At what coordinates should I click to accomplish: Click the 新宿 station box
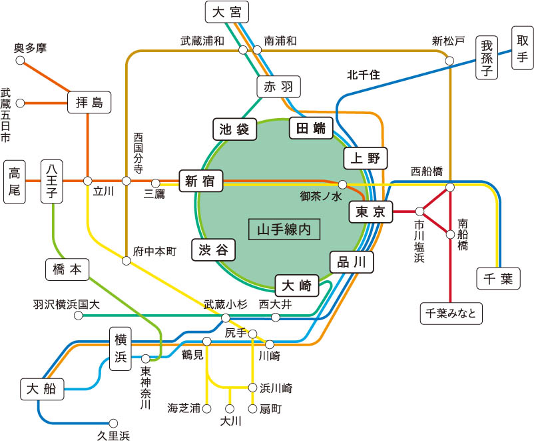coord(200,180)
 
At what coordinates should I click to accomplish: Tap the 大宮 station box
coord(226,12)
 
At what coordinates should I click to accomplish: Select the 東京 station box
coord(371,211)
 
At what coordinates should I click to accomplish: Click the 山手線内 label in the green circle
coord(284,230)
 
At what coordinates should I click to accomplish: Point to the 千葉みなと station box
coord(451,313)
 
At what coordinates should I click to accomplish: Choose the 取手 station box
coord(521,48)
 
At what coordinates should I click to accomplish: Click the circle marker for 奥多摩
coord(20,61)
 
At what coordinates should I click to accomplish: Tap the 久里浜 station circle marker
coord(113,423)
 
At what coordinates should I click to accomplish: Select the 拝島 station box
coord(89,102)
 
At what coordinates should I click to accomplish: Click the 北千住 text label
coord(363,75)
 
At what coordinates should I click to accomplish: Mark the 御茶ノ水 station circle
coord(342,184)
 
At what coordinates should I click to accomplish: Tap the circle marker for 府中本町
coord(126,261)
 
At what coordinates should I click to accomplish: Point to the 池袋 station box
coord(234,129)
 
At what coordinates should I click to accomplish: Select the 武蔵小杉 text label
coord(226,305)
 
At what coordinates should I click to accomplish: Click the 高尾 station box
coord(15,181)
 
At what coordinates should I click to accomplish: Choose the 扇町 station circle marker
coord(252,408)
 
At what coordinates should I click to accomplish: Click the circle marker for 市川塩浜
coord(419,211)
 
